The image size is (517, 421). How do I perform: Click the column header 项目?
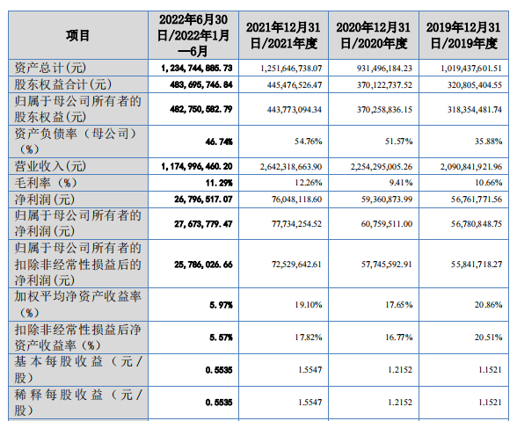(77, 36)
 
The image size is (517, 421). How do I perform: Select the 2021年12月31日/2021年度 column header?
(283, 35)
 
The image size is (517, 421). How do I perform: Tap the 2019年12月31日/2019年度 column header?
(463, 35)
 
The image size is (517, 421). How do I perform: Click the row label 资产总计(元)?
(50, 68)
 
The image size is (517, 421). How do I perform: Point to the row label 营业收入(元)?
(50, 166)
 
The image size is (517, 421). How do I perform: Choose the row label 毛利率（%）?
(46, 183)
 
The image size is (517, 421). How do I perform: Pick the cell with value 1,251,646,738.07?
(291, 69)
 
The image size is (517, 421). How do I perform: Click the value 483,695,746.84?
(201, 85)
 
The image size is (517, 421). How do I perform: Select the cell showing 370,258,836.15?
(384, 110)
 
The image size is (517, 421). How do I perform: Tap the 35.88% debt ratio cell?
(488, 142)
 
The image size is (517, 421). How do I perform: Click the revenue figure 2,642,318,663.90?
(291, 166)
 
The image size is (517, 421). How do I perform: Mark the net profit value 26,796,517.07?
(203, 200)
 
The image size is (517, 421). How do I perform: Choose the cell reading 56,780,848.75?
(477, 224)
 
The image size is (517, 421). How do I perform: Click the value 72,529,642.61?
(296, 265)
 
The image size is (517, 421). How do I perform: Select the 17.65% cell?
(399, 305)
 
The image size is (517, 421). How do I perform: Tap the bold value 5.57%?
(221, 338)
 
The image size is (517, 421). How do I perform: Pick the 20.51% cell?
(488, 338)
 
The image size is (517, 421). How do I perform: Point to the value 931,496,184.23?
(384, 69)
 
